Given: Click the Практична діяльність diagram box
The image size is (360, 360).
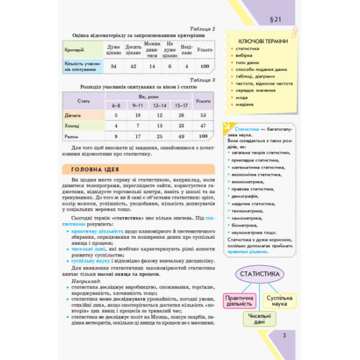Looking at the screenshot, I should tap(238, 300).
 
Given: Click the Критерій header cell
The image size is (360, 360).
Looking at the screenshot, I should tap(74, 49).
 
